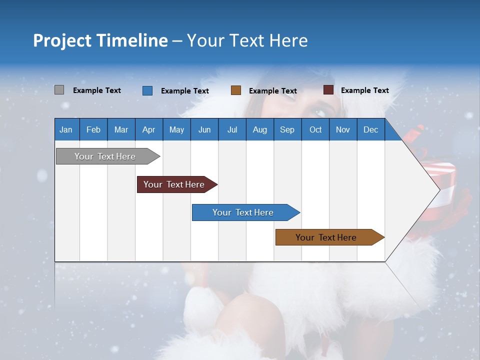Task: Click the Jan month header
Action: [66, 129]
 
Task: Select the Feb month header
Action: [93, 129]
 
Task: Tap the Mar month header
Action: [121, 129]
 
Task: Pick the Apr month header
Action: [149, 129]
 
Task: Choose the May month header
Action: [176, 129]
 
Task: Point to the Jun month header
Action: [204, 129]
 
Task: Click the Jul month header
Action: [232, 129]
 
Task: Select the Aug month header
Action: [260, 129]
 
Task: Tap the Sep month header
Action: [287, 129]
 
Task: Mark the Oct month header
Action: [315, 129]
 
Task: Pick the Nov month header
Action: [343, 129]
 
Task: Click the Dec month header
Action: [371, 129]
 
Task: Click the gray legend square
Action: [59, 90]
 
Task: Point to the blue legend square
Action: [147, 90]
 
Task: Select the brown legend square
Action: [236, 90]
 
